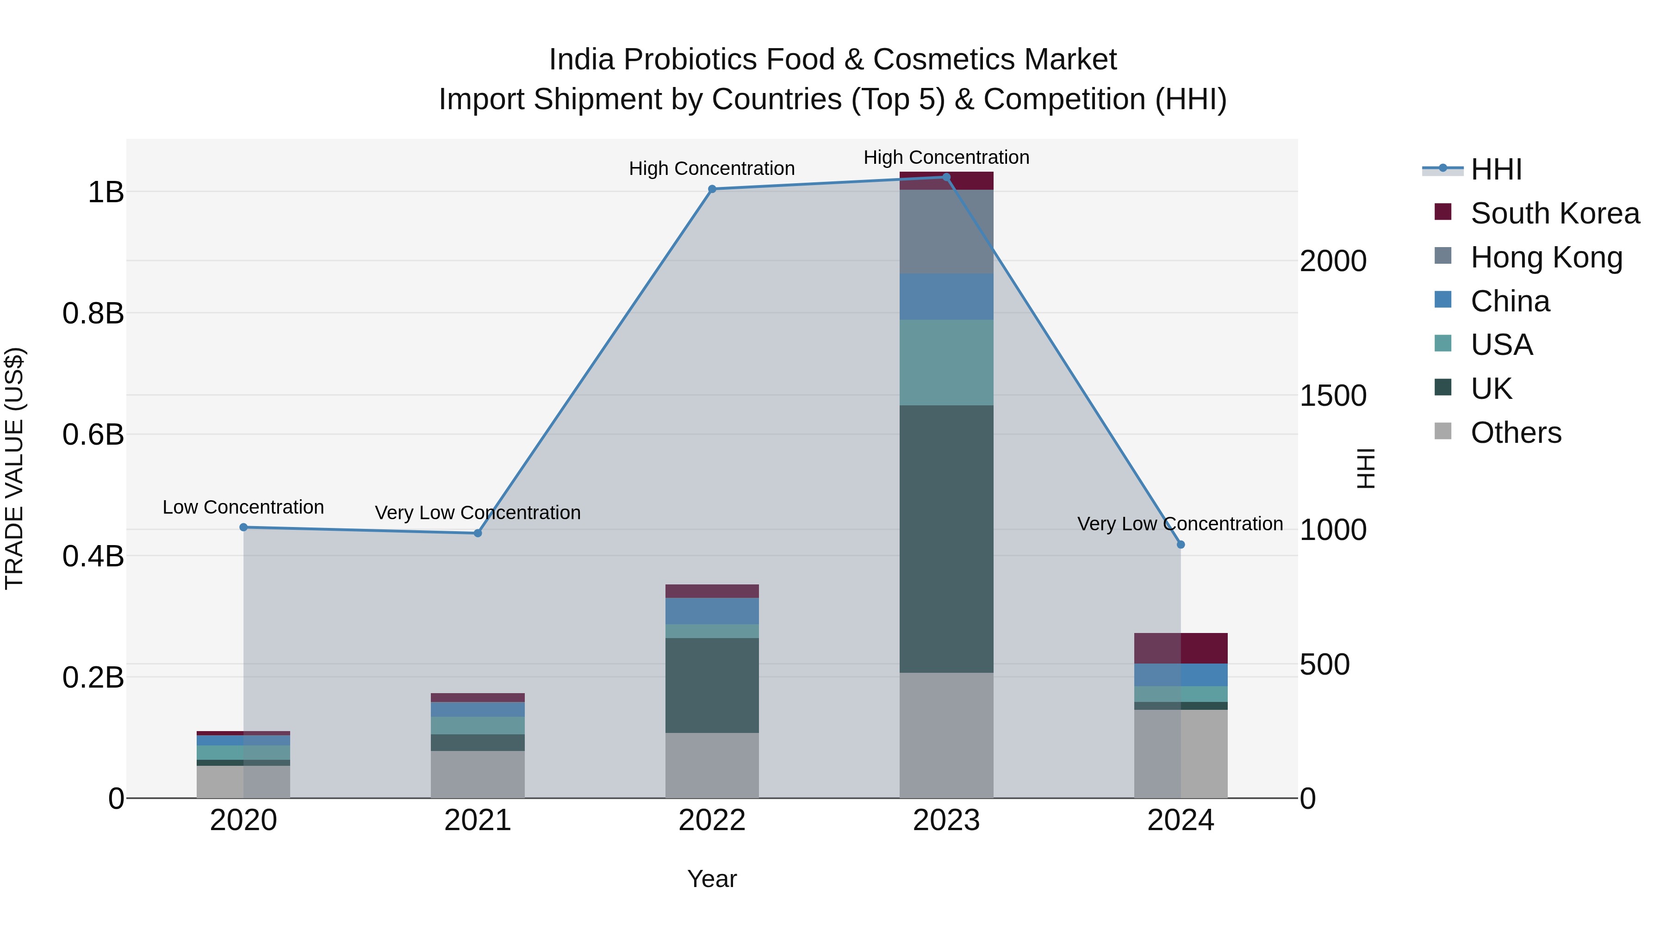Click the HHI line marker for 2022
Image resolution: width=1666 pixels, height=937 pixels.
712,189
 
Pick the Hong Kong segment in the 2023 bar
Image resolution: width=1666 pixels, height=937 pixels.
946,231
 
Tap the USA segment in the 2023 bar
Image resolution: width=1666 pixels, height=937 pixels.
946,362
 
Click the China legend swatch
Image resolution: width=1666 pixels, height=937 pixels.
1443,300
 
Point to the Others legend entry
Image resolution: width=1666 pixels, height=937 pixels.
1515,433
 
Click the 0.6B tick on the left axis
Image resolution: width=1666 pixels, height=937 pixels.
93,434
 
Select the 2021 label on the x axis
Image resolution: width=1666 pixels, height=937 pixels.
477,820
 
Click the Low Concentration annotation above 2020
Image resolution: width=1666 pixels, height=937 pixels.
243,507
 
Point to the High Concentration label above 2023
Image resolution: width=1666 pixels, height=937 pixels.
946,157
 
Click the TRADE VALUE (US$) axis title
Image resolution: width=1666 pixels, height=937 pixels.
14,468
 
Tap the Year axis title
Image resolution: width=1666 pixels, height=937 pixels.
712,879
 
